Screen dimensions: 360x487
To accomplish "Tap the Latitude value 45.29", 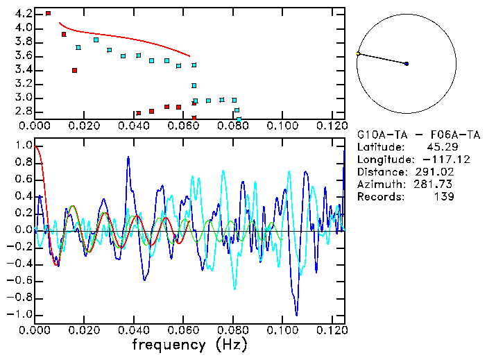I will coord(439,147).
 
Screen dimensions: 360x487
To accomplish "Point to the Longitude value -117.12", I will coord(436,160).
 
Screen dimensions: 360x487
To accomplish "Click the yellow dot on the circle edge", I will coord(358,53).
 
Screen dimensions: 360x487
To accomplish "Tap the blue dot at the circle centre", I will coord(407,64).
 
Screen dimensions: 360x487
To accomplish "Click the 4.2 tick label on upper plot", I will coord(23,14).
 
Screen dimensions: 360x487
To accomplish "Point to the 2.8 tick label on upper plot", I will coord(23,111).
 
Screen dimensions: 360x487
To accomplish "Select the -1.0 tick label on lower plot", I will coord(20,314).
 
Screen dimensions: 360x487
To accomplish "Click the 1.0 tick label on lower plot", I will coord(23,146).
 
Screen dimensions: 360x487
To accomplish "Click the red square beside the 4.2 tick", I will coord(48,13).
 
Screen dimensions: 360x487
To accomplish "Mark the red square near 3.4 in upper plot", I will coord(74,70).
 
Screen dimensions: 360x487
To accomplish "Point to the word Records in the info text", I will coord(379,197).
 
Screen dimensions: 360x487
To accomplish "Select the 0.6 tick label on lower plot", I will coord(23,180).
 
